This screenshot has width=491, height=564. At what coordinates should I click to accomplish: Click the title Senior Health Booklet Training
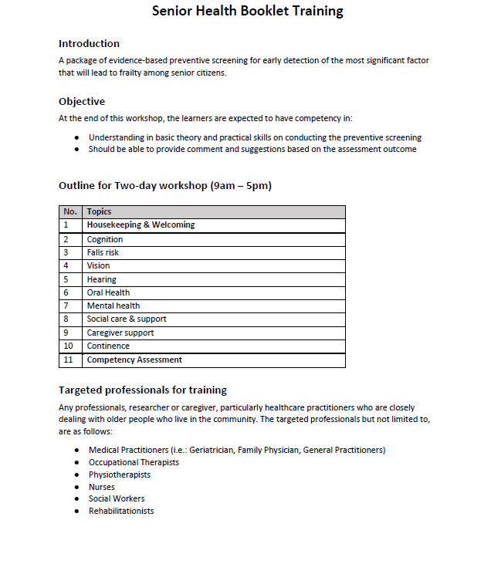click(x=247, y=11)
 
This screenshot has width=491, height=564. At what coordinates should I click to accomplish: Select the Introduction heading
click(x=89, y=43)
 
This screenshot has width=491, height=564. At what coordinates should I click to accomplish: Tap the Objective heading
click(x=82, y=101)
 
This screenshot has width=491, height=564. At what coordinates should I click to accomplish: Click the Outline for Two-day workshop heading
click(x=165, y=186)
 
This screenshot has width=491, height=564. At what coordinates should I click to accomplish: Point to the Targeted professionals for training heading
click(x=143, y=390)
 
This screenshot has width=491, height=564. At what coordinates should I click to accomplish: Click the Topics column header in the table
click(x=99, y=211)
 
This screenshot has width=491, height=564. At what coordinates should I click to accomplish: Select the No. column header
click(x=70, y=211)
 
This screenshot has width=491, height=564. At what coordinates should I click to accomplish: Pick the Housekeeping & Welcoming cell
click(x=141, y=225)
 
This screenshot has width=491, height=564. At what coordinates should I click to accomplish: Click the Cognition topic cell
click(x=105, y=239)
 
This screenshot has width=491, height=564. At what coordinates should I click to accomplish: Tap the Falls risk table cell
click(x=103, y=252)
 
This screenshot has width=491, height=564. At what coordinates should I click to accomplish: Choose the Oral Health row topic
click(x=108, y=292)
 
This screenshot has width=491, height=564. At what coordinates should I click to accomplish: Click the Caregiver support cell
click(x=120, y=333)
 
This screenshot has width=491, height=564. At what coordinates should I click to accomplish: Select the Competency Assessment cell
click(x=135, y=360)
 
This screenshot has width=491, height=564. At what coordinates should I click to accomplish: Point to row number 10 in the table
click(x=68, y=346)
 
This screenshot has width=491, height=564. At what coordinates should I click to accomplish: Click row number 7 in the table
click(x=66, y=306)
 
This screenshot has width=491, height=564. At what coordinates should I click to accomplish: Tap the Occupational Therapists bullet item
click(x=134, y=462)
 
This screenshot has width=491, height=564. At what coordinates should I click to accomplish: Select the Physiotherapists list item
click(x=120, y=475)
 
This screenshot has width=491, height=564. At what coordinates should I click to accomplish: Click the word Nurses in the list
click(x=101, y=487)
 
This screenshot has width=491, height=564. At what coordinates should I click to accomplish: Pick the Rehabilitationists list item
click(x=121, y=511)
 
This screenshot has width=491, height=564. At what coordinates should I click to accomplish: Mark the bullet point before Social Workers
click(x=76, y=499)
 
